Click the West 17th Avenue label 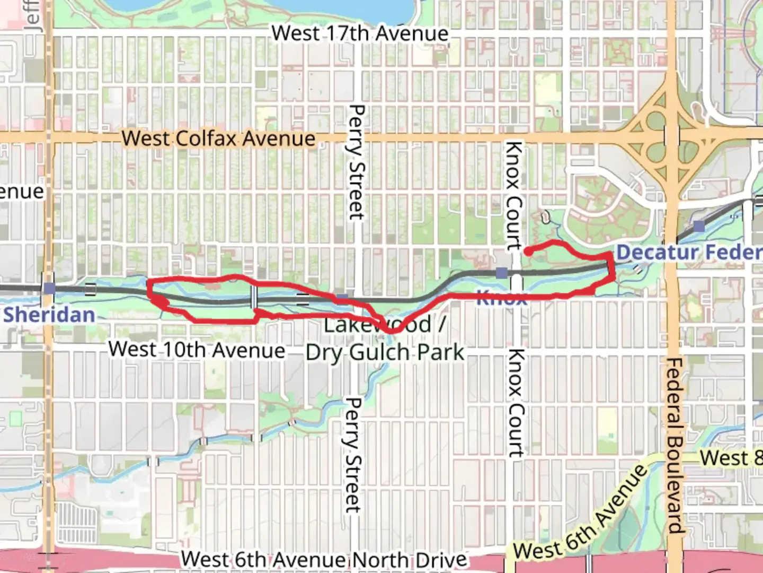(x=360, y=33)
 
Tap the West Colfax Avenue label (x=218, y=138)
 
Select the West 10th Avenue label (x=197, y=350)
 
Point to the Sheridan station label (x=49, y=315)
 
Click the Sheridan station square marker (x=49, y=288)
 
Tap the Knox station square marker (x=501, y=273)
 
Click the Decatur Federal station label (x=689, y=252)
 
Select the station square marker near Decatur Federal (x=699, y=227)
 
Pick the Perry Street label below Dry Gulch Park (x=353, y=455)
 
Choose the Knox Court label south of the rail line (x=515, y=403)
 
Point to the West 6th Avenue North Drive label (x=324, y=559)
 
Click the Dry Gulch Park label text (x=385, y=353)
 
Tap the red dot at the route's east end (x=528, y=252)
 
